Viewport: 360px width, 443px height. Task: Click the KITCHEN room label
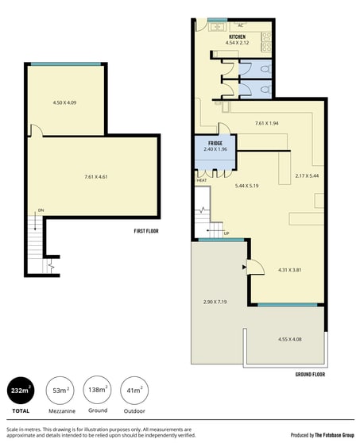coord(237,37)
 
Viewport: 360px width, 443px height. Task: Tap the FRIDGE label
coord(215,143)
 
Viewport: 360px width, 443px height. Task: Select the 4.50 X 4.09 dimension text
coord(64,102)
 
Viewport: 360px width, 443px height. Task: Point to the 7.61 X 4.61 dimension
coord(96,177)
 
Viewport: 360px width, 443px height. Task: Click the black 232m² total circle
coord(21,391)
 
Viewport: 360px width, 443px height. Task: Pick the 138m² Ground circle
coord(97,390)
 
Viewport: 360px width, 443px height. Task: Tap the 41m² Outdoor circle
coord(134,391)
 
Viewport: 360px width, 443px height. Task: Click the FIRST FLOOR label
coord(146,231)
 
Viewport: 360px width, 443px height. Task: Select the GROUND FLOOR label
coord(310,375)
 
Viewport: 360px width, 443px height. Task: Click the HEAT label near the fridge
coord(202,180)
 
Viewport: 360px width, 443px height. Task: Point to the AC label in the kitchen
coord(240,25)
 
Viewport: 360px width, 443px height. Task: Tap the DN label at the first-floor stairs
coord(41,210)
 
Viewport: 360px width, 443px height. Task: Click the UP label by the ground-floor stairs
coord(226,233)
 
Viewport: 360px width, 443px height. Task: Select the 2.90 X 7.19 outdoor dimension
coord(215,302)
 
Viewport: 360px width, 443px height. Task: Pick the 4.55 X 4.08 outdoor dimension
coord(290,339)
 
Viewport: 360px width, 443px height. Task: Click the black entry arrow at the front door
coord(244,267)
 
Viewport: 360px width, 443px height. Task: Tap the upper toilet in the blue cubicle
coord(265,69)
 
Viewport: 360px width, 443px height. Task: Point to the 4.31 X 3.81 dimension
coord(289,270)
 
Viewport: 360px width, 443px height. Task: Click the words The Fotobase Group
coord(335,435)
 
